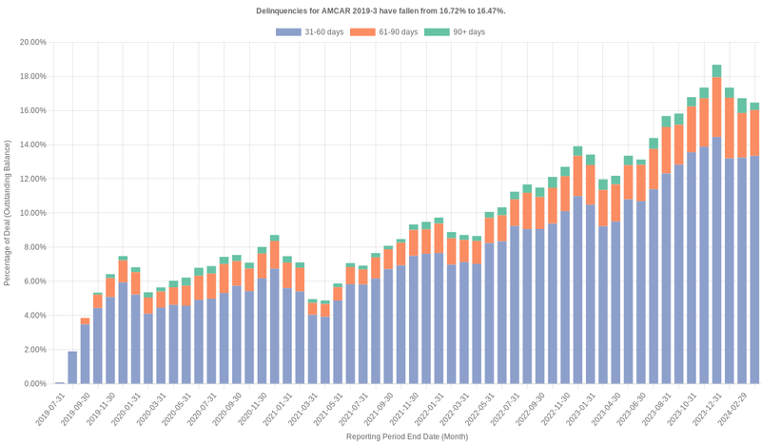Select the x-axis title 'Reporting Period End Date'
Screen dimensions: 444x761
pyautogui.click(x=405, y=436)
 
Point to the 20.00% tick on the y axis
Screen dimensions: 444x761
pyautogui.click(x=28, y=43)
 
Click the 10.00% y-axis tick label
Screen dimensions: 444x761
pyautogui.click(x=28, y=213)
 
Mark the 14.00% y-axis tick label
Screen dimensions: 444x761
pyautogui.click(x=28, y=145)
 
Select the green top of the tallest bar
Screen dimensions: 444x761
pyautogui.click(x=716, y=71)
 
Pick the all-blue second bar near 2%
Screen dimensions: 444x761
pyautogui.click(x=72, y=368)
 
